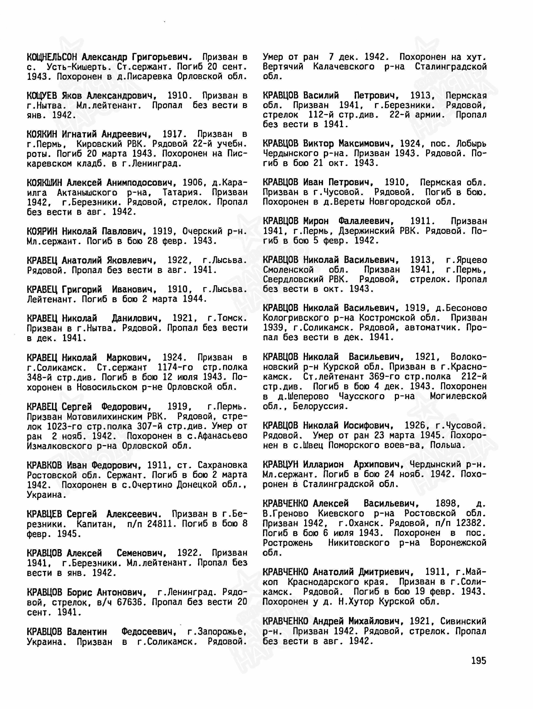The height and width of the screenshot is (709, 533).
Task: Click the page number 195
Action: click(479, 661)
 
